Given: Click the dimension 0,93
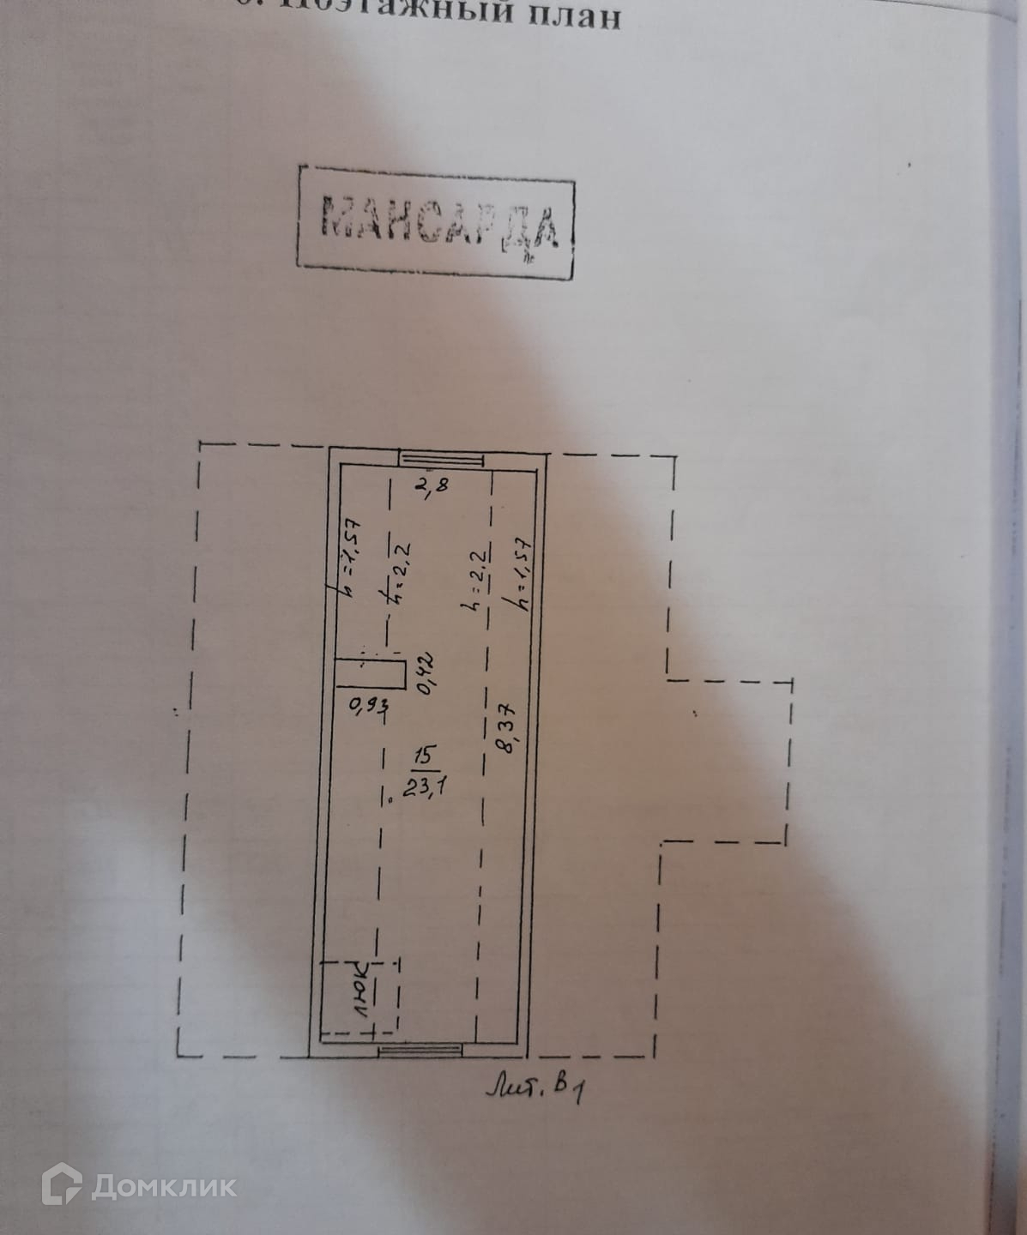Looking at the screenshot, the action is (369, 707).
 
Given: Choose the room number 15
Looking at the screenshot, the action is (423, 756).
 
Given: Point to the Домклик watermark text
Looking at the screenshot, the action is (164, 1186).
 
